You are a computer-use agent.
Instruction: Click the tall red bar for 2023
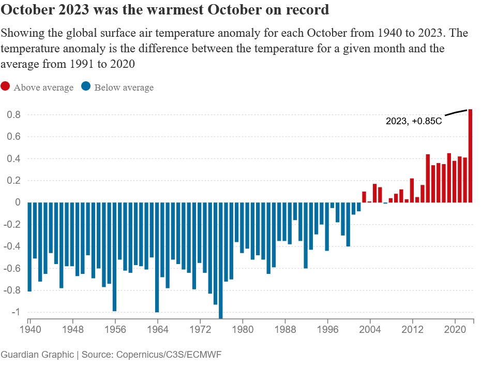tap(471, 155)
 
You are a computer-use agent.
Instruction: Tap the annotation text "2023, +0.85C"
tap(414, 121)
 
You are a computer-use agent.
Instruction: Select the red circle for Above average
tap(5, 87)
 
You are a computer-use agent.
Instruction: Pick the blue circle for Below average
tap(86, 87)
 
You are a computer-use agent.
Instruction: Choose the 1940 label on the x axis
tap(29, 329)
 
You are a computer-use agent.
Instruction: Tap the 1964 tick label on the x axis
tap(157, 329)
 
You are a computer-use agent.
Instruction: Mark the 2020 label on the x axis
tap(455, 329)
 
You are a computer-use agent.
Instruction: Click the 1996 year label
tap(327, 329)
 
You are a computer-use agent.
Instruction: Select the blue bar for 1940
tap(29, 247)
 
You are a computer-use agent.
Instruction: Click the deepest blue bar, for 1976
tap(221, 260)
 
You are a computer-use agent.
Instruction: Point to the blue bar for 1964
tap(157, 257)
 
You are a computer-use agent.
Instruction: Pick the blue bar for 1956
tap(115, 257)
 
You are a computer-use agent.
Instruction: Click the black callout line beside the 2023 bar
tap(455, 112)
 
